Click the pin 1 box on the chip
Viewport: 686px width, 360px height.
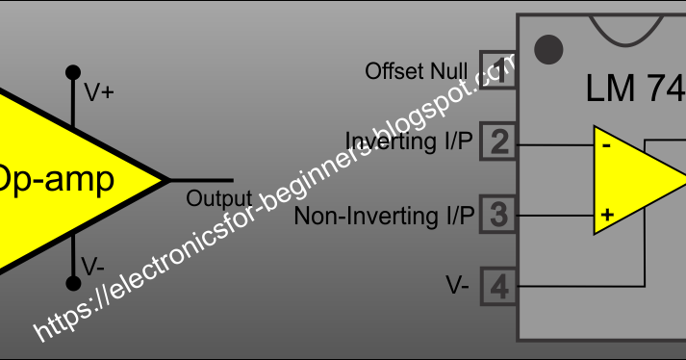[497, 72]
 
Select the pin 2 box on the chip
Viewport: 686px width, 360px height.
[497, 143]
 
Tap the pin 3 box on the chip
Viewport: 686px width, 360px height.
[497, 214]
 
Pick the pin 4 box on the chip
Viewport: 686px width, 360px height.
[497, 286]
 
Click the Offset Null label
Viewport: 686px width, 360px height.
[416, 72]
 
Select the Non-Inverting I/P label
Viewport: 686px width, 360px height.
[384, 215]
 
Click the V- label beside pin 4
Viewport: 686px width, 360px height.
[457, 286]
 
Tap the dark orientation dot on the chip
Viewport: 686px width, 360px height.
[547, 46]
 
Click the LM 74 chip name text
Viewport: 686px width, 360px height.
[635, 89]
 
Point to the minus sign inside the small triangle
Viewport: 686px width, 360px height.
[606, 146]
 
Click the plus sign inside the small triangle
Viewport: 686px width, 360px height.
[606, 215]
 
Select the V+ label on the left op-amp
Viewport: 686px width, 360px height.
[99, 93]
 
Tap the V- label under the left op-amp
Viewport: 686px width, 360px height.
[93, 266]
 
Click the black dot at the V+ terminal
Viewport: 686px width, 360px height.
[72, 72]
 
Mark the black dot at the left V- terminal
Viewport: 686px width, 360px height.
[72, 284]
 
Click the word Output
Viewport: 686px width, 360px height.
[218, 199]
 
